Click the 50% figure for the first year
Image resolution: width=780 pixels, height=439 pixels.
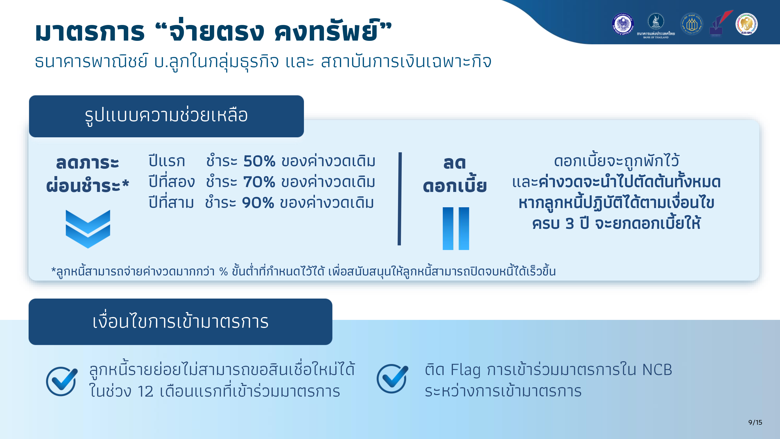(259, 161)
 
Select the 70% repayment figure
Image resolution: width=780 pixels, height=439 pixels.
(259, 182)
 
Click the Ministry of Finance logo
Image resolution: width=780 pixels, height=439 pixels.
(623, 24)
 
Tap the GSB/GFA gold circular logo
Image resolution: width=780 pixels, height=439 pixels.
(746, 24)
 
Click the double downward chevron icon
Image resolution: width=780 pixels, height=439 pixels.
(88, 229)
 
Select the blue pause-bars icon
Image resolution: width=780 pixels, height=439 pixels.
(456, 228)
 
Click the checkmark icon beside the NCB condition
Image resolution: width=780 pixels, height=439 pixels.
(392, 379)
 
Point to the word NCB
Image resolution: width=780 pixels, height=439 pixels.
(657, 370)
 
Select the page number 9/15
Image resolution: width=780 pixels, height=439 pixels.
(755, 422)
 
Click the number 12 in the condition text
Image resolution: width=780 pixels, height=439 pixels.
(145, 391)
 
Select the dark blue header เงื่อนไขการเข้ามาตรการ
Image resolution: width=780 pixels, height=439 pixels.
(180, 322)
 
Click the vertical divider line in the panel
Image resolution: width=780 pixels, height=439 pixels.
(400, 199)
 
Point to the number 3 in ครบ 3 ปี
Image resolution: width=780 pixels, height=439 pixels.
(570, 224)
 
